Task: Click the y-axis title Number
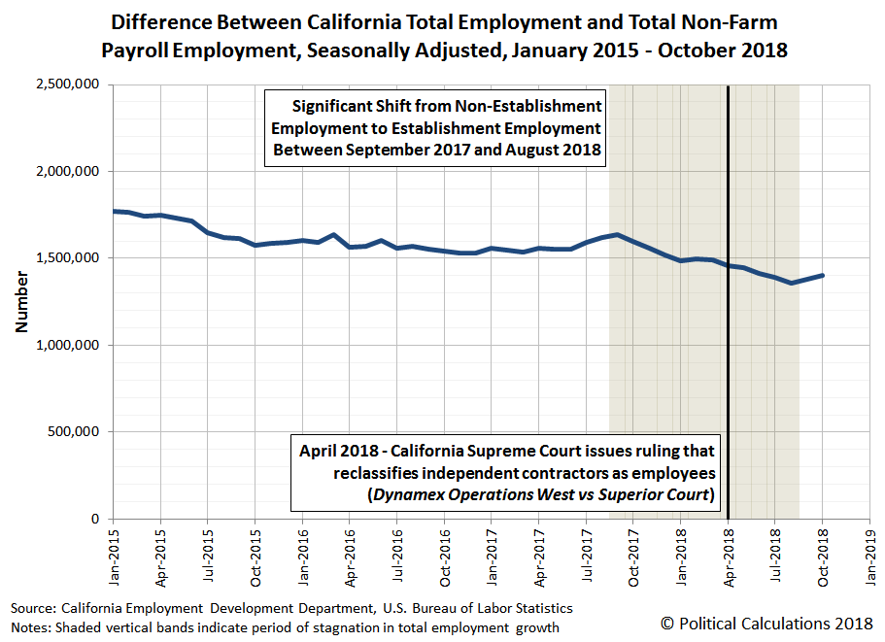pos(20,302)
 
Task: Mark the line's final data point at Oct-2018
pos(823,275)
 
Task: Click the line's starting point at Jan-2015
pos(114,211)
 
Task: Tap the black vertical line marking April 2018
pos(728,291)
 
